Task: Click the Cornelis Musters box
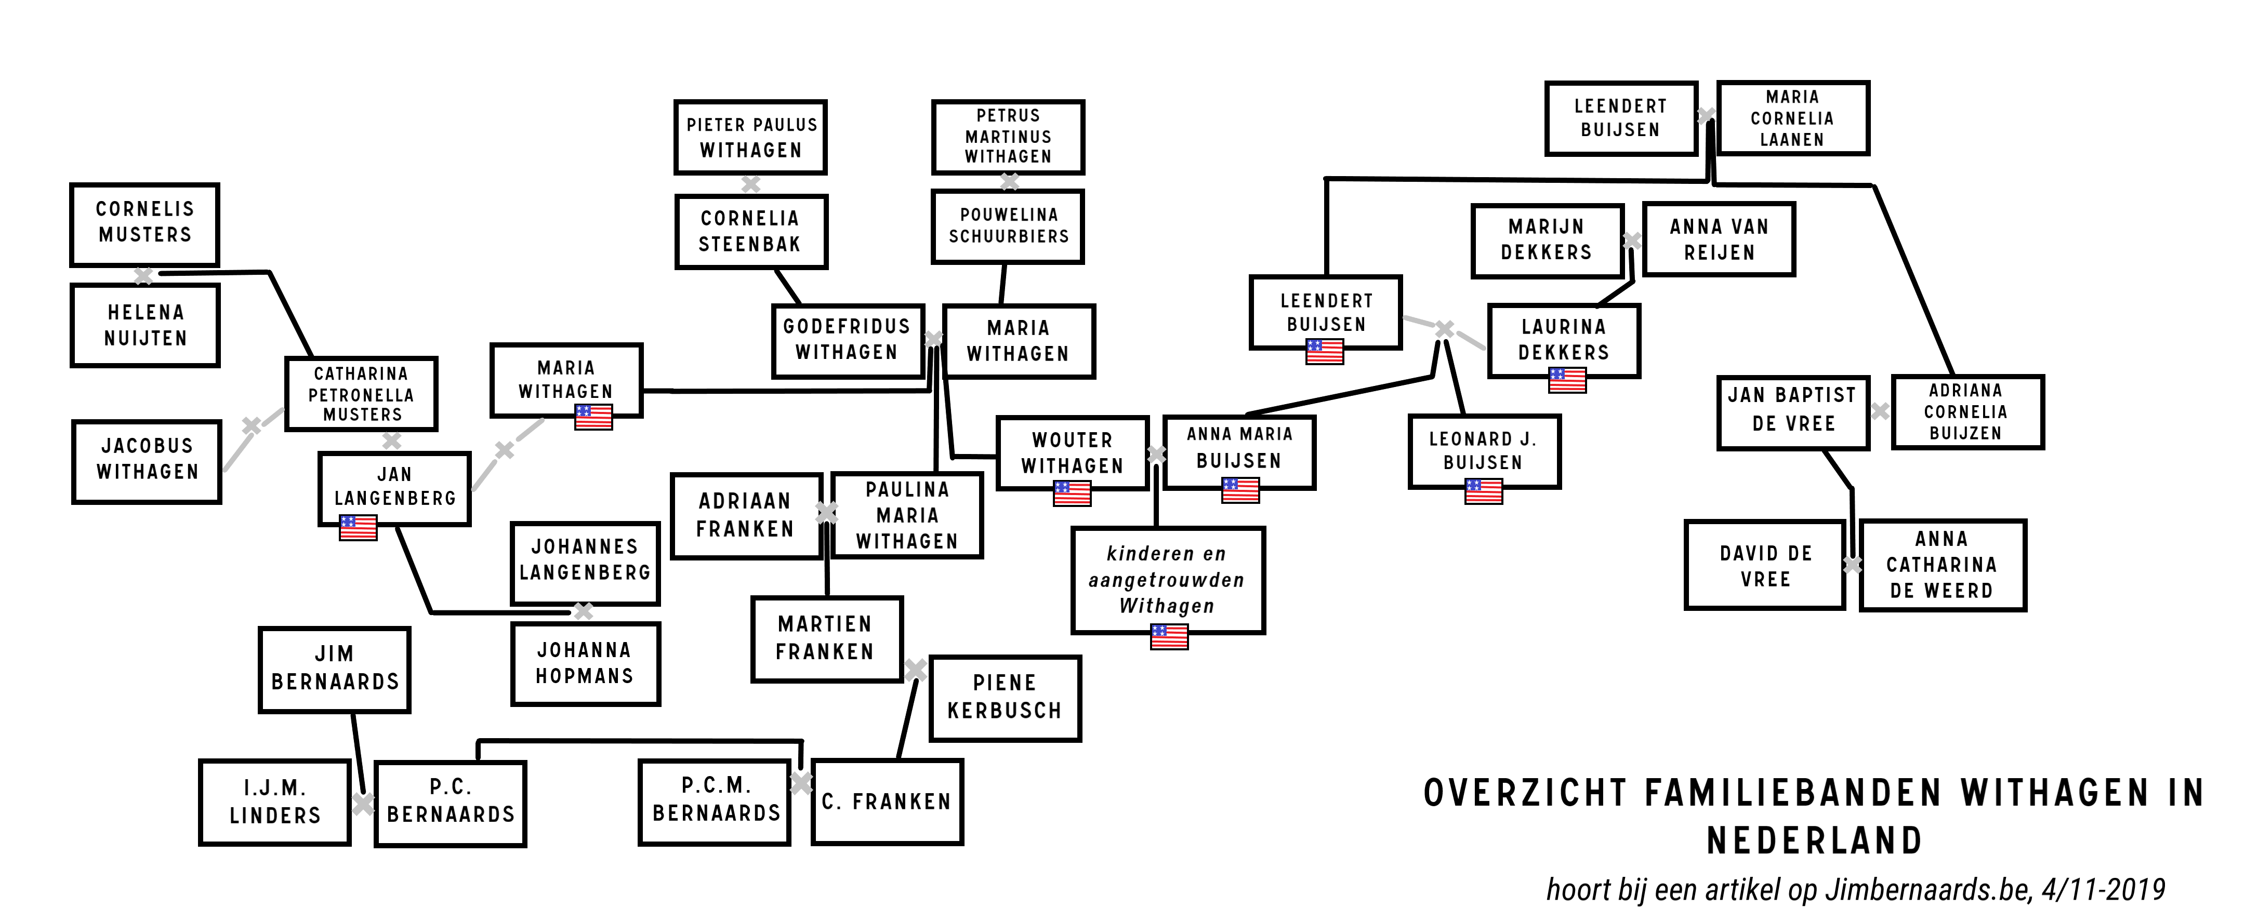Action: point(144,224)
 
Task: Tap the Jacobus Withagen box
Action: point(147,461)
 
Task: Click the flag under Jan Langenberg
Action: point(359,528)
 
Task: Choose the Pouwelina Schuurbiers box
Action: point(1008,226)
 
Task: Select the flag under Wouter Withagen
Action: point(1072,493)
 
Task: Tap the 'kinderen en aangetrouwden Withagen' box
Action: point(1168,579)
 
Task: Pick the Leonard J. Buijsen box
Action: point(1484,450)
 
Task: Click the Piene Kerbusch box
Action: point(1005,698)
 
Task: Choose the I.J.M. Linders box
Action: point(275,802)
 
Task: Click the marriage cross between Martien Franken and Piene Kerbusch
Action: point(916,670)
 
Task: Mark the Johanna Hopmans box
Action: point(585,663)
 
